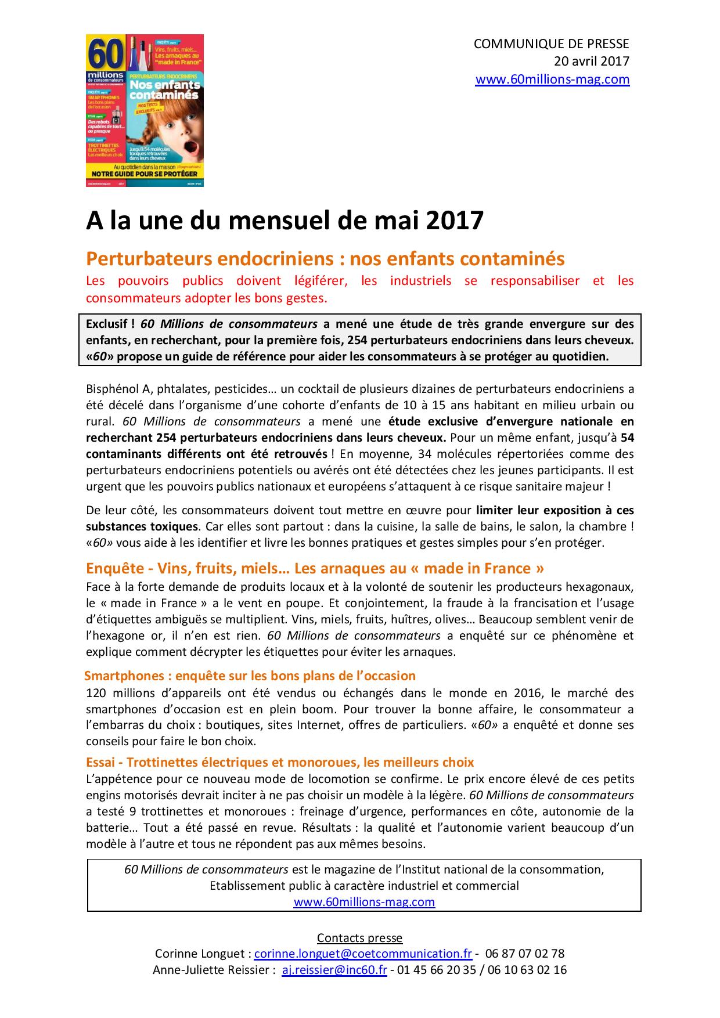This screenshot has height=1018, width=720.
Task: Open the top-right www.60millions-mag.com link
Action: click(x=552, y=80)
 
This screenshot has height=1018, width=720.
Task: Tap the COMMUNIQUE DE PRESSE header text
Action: click(x=551, y=44)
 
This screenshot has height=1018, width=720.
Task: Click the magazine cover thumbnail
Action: click(x=145, y=110)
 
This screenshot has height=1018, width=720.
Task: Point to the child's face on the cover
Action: click(x=174, y=128)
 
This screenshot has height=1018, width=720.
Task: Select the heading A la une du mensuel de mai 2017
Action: click(x=285, y=221)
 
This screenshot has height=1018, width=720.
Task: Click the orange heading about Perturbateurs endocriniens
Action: click(x=325, y=259)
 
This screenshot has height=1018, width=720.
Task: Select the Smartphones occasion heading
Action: click(x=250, y=676)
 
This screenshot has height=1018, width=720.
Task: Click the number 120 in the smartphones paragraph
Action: click(x=96, y=693)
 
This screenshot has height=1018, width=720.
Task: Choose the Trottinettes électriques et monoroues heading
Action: click(x=280, y=762)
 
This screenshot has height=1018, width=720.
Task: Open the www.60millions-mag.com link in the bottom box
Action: click(x=364, y=902)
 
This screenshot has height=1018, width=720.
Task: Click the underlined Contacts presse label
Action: click(x=359, y=938)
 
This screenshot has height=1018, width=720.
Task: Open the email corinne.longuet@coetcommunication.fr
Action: click(x=363, y=954)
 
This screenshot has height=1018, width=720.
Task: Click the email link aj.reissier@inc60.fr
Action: click(x=334, y=970)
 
